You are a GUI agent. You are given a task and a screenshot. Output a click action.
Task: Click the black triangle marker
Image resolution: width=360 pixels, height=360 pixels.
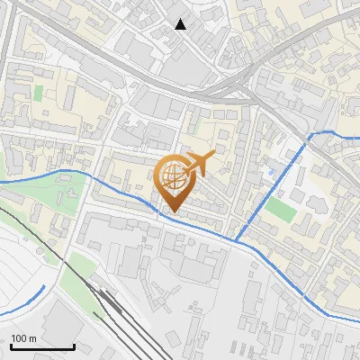point(180,24)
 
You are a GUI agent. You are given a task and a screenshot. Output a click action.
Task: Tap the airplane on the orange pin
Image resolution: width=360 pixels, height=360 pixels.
point(199,164)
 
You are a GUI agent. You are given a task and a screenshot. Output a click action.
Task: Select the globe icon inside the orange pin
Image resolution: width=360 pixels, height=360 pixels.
point(174,178)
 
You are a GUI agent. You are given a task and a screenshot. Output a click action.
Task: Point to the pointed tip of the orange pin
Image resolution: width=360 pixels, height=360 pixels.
point(171,213)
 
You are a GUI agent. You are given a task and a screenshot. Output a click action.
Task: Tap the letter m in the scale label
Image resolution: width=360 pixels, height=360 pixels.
point(33,338)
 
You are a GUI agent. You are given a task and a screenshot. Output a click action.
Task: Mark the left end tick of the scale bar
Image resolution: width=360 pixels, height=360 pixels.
point(11,346)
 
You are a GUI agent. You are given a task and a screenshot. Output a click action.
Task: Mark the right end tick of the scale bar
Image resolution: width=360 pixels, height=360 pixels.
point(73,346)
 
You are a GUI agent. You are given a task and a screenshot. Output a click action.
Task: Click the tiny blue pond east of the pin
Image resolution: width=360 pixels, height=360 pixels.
point(270,168)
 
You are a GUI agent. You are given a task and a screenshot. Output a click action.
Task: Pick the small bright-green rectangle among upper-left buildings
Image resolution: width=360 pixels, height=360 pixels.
point(38,92)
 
